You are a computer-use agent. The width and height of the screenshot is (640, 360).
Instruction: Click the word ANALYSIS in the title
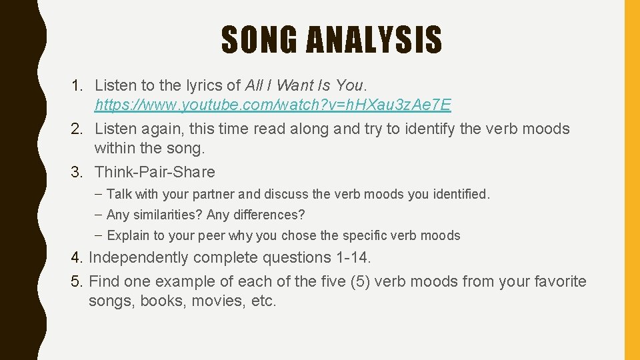pos(374,40)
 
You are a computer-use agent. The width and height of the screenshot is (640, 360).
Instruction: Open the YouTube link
pos(273,105)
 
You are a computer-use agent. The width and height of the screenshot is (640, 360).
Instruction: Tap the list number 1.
pos(77,85)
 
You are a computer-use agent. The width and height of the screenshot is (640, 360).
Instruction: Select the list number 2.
pos(77,129)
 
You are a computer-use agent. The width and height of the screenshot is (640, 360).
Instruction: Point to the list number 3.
pos(77,172)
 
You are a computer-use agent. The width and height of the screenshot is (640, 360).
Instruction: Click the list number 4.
pos(76,257)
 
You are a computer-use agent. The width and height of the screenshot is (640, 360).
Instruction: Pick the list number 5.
pos(76,281)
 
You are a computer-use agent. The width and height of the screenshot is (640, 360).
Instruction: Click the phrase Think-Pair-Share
pos(155,172)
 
